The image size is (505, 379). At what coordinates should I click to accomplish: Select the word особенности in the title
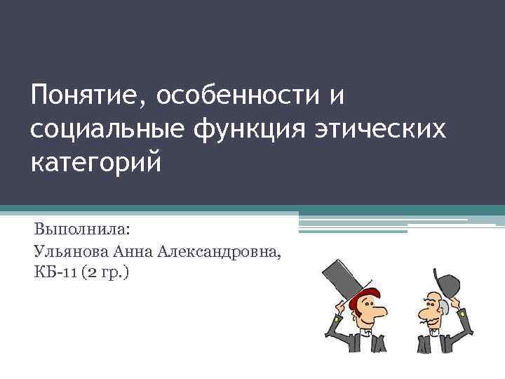[230, 95]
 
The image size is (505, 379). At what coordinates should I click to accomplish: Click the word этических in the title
[382, 129]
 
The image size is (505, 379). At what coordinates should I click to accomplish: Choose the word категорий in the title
[96, 162]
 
